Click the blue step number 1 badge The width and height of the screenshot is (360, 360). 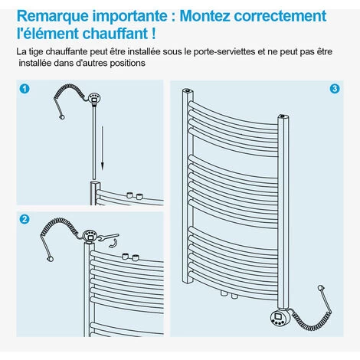25,89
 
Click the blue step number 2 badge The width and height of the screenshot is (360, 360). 25,219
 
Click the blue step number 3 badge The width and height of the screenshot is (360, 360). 335,89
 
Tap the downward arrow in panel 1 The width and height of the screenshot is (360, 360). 103,148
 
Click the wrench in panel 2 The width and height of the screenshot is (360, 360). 108,237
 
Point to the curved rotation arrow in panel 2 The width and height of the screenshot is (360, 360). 113,244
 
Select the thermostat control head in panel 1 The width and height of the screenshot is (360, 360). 95,98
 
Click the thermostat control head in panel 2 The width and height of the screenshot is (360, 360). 90,235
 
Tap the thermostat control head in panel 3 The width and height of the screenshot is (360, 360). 280,317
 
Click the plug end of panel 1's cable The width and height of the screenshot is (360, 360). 62,117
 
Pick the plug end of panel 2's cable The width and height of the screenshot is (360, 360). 51,259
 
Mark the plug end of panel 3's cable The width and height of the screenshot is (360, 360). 321,288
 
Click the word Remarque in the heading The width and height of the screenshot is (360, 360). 53,16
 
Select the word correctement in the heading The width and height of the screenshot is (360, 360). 280,16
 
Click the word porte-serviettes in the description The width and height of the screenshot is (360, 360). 224,51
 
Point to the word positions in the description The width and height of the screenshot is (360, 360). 128,63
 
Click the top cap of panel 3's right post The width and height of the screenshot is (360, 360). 283,116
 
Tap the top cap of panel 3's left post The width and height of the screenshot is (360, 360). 187,90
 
